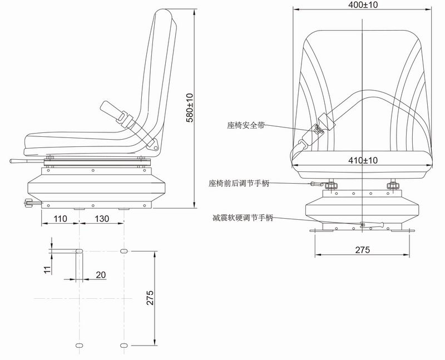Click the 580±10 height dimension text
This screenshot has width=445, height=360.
pos(189,107)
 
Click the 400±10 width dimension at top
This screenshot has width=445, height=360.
pos(362,4)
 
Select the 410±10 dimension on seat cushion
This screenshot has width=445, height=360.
pos(362,160)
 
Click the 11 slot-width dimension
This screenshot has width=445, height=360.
pos(47,269)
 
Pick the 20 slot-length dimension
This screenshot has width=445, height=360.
pos(101,274)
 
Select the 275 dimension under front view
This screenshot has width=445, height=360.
pos(362,250)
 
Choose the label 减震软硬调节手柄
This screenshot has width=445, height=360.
pos(243,218)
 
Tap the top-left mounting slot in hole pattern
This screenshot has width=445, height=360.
pos(78,251)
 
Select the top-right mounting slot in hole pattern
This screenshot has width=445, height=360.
pos(123,251)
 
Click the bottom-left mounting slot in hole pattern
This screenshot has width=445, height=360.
pos(78,346)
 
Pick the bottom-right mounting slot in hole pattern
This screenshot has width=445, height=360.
pos(123,346)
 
